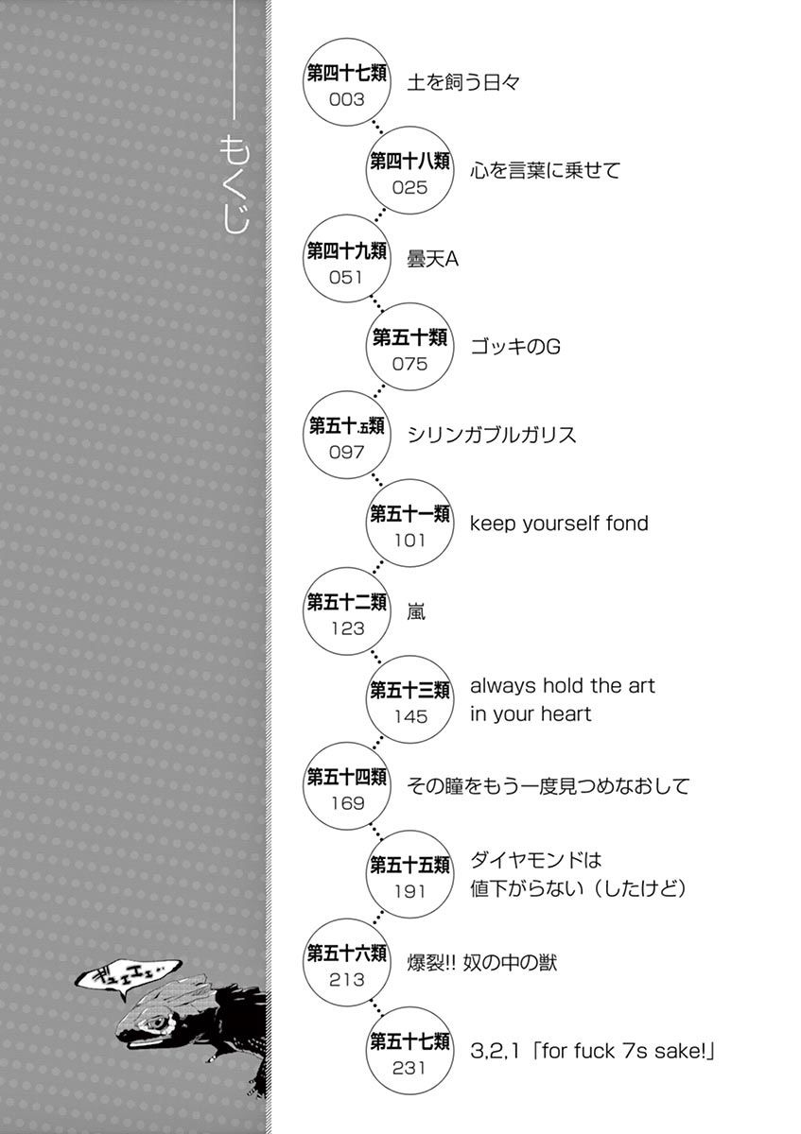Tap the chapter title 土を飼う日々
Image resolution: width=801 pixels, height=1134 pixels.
tap(463, 83)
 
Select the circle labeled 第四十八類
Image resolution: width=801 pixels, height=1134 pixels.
tap(409, 171)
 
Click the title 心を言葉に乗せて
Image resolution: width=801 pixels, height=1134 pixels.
tap(545, 171)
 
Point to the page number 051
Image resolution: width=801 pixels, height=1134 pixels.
tap(347, 277)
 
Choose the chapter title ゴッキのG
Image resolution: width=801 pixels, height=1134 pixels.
tap(515, 347)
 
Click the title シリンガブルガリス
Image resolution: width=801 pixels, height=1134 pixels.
tap(492, 435)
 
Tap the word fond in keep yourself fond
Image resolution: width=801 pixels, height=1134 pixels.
tap(623, 523)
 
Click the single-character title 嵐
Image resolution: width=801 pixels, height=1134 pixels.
tap(416, 611)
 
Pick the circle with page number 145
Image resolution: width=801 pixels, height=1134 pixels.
tap(409, 699)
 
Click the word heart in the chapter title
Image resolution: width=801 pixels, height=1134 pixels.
tap(566, 714)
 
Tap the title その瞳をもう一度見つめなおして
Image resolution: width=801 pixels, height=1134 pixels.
tap(549, 786)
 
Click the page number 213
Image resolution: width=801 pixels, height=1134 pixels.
tap(347, 980)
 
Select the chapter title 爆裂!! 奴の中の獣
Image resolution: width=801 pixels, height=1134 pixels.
tap(482, 963)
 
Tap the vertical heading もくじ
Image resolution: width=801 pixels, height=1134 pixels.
tap(234, 184)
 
